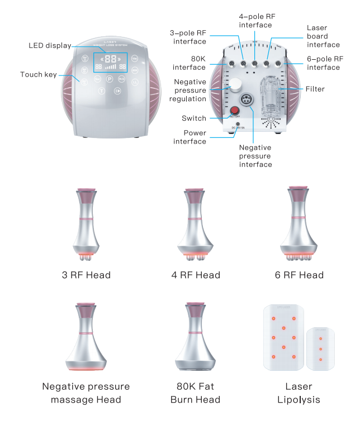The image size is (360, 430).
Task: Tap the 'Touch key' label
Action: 39,74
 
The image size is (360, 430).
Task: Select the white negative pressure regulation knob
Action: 237,85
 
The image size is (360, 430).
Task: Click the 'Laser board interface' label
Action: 324,36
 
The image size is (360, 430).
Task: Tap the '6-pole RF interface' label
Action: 324,63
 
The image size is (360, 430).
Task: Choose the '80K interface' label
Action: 190,63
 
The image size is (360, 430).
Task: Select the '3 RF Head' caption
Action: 86,275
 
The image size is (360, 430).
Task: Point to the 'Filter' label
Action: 315,89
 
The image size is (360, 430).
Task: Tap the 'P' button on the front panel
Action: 110,80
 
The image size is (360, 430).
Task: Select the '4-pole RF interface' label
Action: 255,21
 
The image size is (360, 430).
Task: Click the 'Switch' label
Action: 194,118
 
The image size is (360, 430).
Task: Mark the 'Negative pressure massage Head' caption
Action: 86,393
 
